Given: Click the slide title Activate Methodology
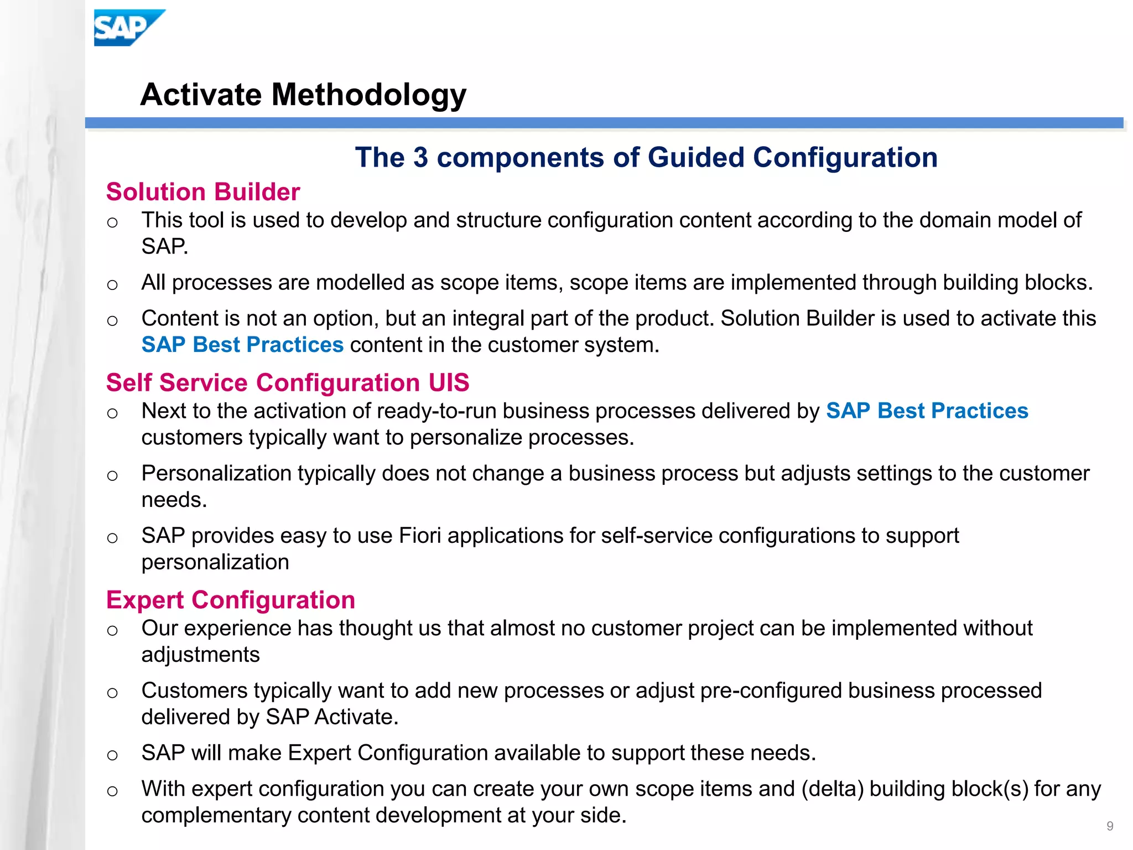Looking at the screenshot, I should pyautogui.click(x=303, y=94).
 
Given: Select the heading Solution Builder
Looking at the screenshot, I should pyautogui.click(x=203, y=192).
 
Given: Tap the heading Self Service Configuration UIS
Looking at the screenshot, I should pyautogui.click(x=288, y=383).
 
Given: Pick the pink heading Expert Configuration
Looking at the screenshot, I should pyautogui.click(x=231, y=600).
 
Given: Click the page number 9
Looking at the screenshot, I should pyautogui.click(x=1110, y=826).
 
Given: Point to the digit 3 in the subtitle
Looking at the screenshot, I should pyautogui.click(x=420, y=158).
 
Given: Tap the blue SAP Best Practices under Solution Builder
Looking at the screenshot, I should pyautogui.click(x=242, y=345).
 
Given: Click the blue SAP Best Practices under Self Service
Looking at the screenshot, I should pyautogui.click(x=927, y=411).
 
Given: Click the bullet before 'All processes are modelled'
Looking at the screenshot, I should pyautogui.click(x=112, y=285).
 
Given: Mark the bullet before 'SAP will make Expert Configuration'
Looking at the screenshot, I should pyautogui.click(x=112, y=755).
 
